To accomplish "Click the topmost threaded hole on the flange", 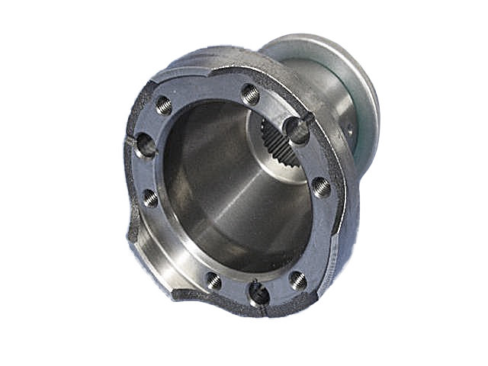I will (x=250, y=93).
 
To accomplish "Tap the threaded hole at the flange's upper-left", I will (x=164, y=106).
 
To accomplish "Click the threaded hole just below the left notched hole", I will (x=151, y=198).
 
